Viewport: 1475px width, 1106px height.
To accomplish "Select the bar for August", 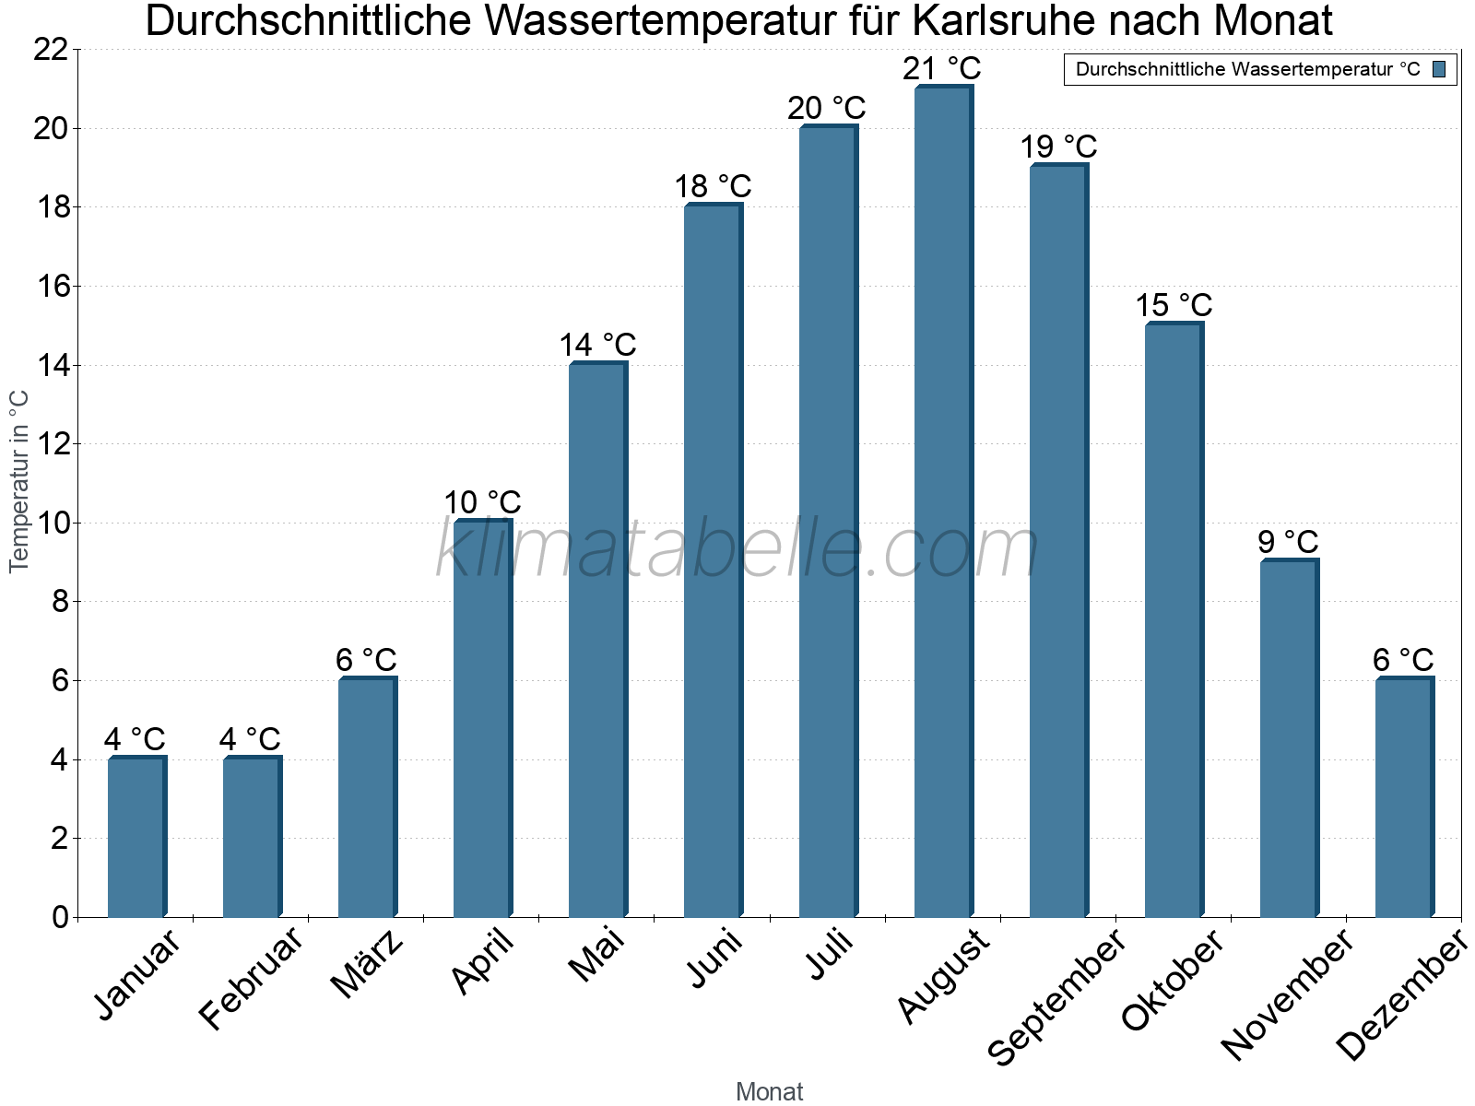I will [942, 502].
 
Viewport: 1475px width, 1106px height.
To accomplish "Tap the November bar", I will [1288, 737].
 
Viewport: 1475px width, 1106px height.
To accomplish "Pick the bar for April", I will [481, 719].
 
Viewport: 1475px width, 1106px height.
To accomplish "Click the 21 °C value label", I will [942, 69].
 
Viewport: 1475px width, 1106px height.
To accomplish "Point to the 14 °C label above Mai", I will [597, 346].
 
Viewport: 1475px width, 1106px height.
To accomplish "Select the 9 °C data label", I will [1288, 542].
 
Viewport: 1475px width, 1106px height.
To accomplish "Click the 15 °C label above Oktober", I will [1173, 306].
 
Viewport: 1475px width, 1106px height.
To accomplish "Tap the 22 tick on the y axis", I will [51, 50].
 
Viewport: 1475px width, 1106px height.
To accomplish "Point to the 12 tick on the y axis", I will [51, 444].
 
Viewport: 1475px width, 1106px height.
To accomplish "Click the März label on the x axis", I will [367, 964].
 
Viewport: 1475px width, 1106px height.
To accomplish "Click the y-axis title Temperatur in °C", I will [19, 481].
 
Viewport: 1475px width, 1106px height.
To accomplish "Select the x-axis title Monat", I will [769, 1092].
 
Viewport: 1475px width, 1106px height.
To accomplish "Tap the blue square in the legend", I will [1440, 69].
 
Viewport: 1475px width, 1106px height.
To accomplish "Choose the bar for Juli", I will [827, 521].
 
